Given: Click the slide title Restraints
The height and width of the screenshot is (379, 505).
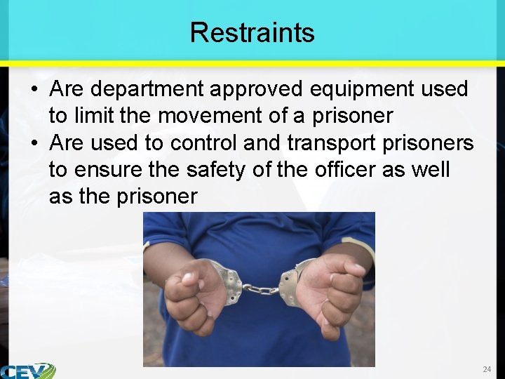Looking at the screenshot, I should (252, 32).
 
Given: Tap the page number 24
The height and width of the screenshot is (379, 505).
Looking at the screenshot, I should (487, 369).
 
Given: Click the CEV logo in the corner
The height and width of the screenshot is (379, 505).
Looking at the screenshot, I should (27, 371).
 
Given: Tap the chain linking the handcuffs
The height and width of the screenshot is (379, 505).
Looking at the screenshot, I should (260, 288).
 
